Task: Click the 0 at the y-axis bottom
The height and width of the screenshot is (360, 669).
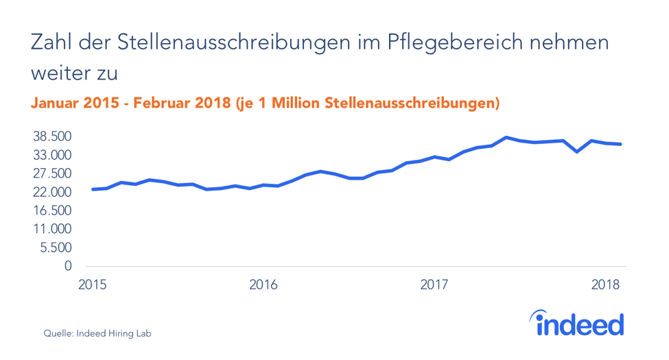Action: point(67,265)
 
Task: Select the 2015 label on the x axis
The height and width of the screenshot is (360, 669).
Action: point(92,284)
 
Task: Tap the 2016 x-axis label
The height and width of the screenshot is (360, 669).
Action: point(263,284)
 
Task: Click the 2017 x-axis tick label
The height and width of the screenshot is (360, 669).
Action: point(434,284)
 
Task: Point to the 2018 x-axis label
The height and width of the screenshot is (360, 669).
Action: point(606,284)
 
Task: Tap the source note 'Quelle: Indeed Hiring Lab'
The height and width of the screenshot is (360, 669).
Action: point(97,334)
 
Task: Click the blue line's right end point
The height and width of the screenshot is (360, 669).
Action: point(620,144)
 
